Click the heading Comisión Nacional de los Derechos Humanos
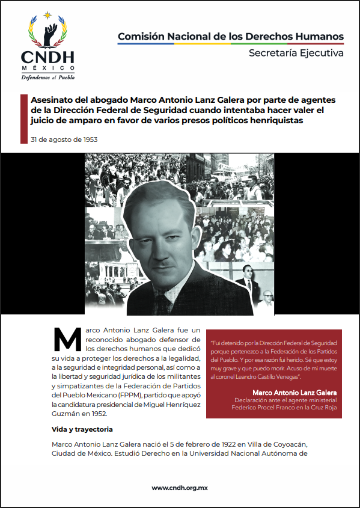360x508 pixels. point(231,37)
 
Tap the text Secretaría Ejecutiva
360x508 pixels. point(296,54)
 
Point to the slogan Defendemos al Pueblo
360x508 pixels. point(49,77)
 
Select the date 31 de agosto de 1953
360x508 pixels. point(64,140)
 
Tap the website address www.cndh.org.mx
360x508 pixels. point(180,488)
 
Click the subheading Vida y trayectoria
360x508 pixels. point(82,430)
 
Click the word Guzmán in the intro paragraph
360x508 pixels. point(65,414)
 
